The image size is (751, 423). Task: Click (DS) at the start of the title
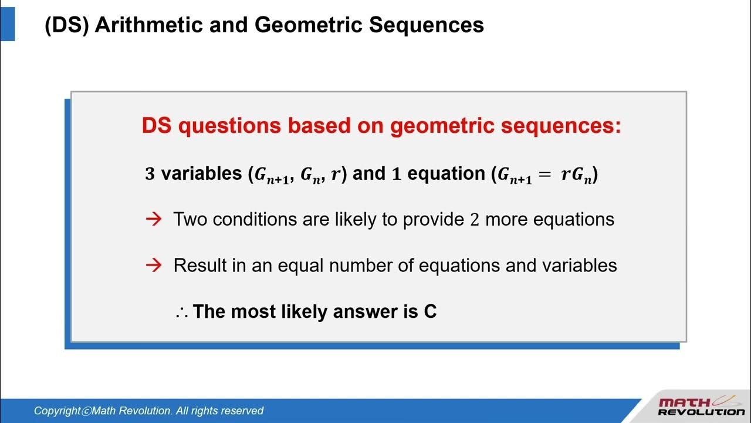pos(66,25)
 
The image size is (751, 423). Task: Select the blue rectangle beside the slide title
pos(8,21)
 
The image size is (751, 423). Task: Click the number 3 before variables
pos(150,174)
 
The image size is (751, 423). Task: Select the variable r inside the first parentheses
pos(335,174)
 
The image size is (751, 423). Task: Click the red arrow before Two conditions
pos(153,220)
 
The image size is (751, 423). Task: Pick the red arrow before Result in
pos(153,266)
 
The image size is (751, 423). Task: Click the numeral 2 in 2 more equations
pos(475,220)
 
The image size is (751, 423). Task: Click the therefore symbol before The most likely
pos(181,312)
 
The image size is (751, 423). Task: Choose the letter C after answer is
pos(430,311)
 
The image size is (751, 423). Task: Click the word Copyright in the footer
pos(57,411)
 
